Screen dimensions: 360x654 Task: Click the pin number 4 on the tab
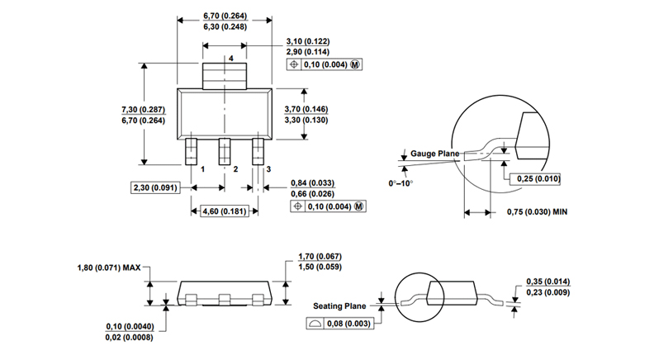[x=231, y=59]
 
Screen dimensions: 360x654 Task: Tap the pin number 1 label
[x=202, y=168]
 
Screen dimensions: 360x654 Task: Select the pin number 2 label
[x=236, y=168]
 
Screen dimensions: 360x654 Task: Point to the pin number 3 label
[x=268, y=168]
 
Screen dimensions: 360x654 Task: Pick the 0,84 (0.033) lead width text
[x=312, y=182]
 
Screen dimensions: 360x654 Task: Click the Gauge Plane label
[x=434, y=154]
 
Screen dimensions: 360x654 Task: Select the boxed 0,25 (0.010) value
[x=538, y=178]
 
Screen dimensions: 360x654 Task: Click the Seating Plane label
[x=340, y=306]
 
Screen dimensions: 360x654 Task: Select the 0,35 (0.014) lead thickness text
[x=549, y=282]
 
